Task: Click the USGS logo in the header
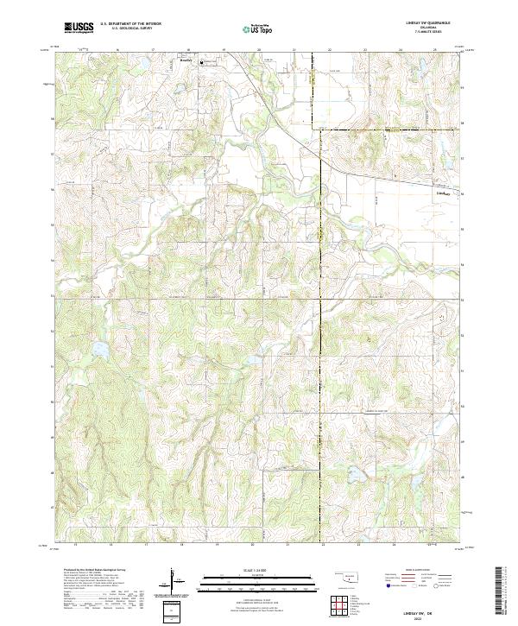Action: point(79,28)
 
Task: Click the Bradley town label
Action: point(184,60)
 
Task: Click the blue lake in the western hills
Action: point(98,349)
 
